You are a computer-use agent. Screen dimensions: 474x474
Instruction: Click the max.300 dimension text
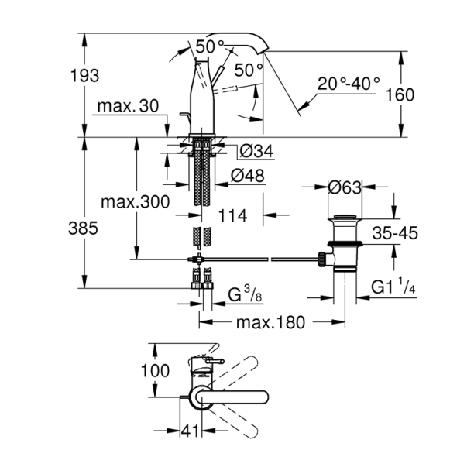(133, 202)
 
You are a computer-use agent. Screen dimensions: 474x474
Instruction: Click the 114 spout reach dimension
(232, 217)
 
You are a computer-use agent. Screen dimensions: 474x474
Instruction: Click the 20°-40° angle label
(348, 82)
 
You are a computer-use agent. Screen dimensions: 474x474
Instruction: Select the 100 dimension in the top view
(154, 370)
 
